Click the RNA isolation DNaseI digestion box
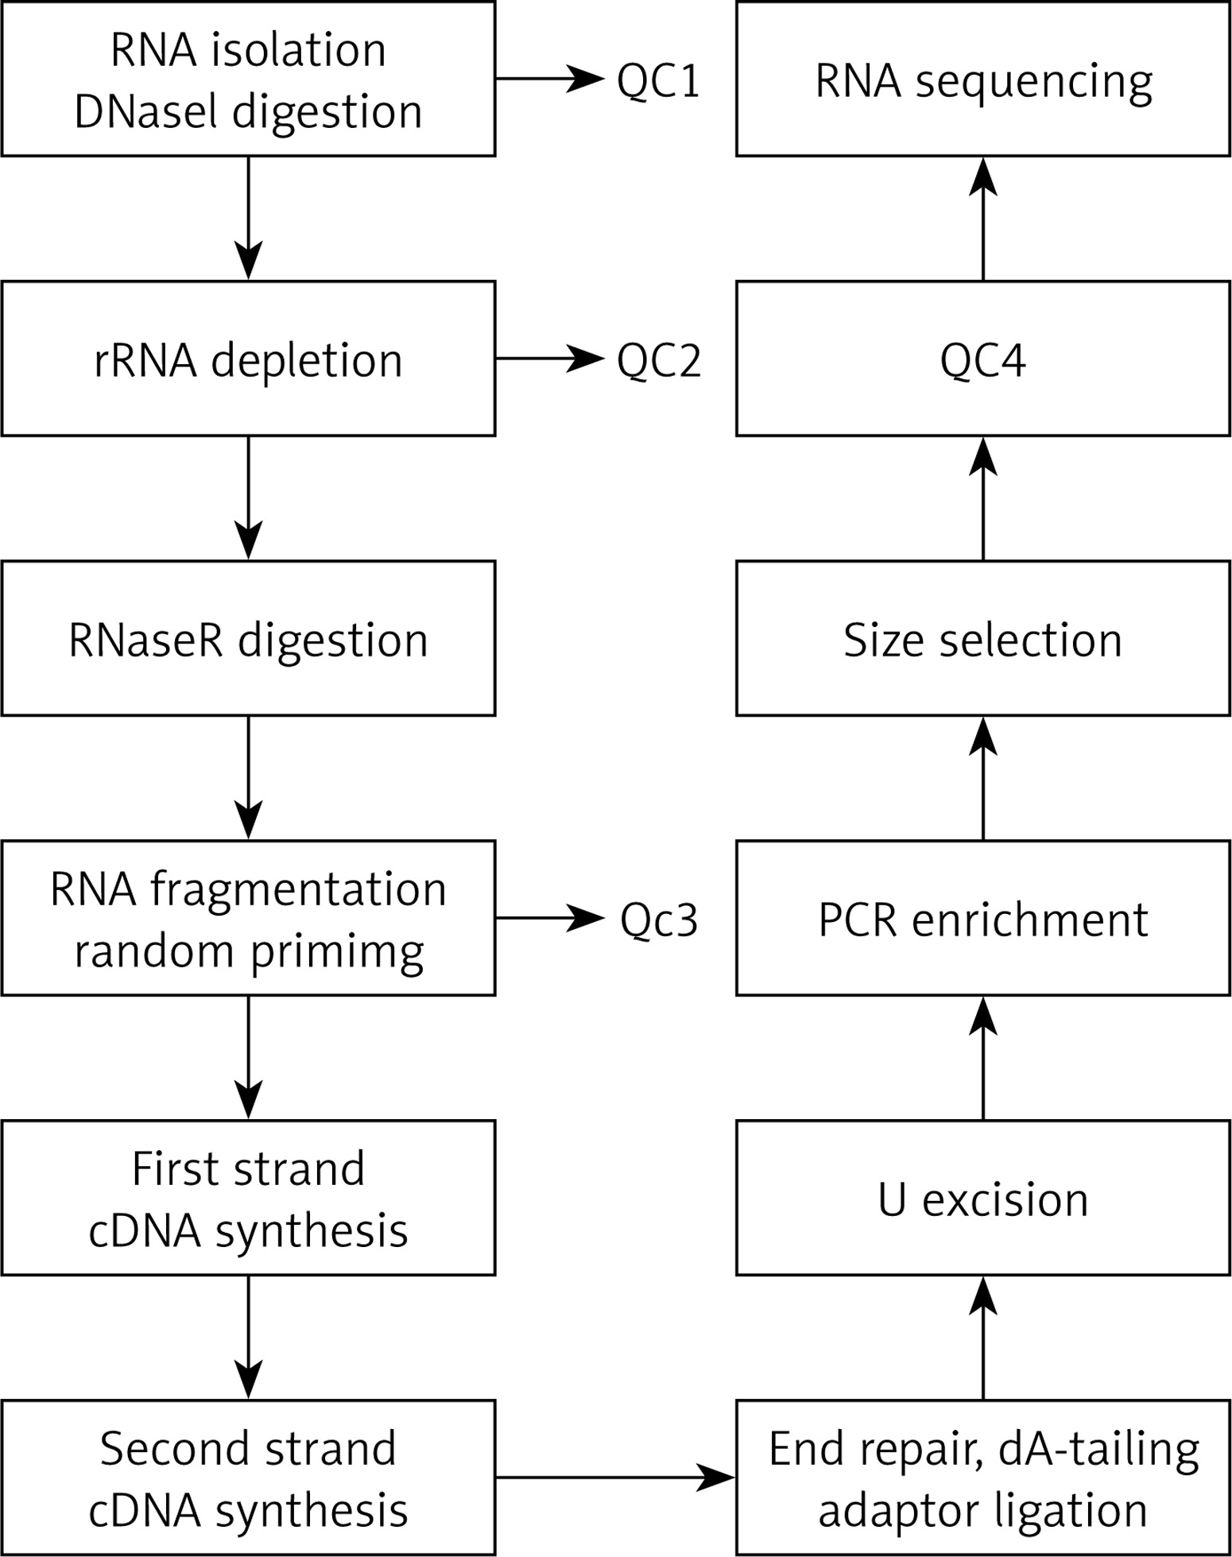[248, 79]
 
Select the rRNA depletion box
[248, 358]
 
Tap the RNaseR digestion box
[248, 638]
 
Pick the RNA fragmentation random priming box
[248, 918]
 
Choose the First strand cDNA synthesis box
[248, 1198]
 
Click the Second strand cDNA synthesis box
[248, 1478]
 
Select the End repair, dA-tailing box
[983, 1478]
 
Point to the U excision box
[983, 1198]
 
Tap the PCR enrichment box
[983, 918]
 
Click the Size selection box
[983, 638]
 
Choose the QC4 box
[983, 358]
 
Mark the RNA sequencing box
[983, 79]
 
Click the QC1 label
[659, 81]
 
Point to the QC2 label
[659, 361]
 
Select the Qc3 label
[659, 920]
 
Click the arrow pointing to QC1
[550, 79]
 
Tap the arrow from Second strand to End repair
[616, 1478]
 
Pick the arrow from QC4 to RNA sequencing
[983, 219]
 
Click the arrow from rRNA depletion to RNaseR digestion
[249, 498]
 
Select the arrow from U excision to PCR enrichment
[983, 1058]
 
